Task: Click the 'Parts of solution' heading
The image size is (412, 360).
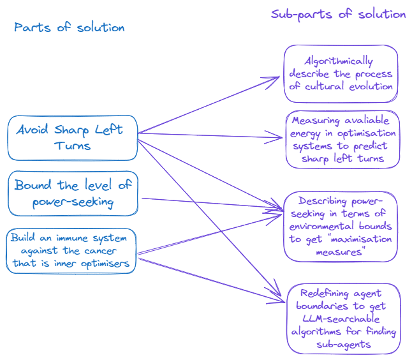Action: (x=69, y=27)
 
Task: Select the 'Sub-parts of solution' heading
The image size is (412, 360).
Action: (x=338, y=14)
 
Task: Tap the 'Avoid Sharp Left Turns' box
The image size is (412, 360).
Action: (x=73, y=137)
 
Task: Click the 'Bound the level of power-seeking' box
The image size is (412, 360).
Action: (x=73, y=193)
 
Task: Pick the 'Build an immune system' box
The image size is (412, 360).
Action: (x=73, y=251)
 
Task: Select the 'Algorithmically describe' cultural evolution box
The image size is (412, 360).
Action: (x=341, y=73)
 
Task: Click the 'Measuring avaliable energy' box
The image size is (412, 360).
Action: (x=343, y=139)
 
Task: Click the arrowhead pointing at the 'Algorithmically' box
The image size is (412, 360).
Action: (x=276, y=79)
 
